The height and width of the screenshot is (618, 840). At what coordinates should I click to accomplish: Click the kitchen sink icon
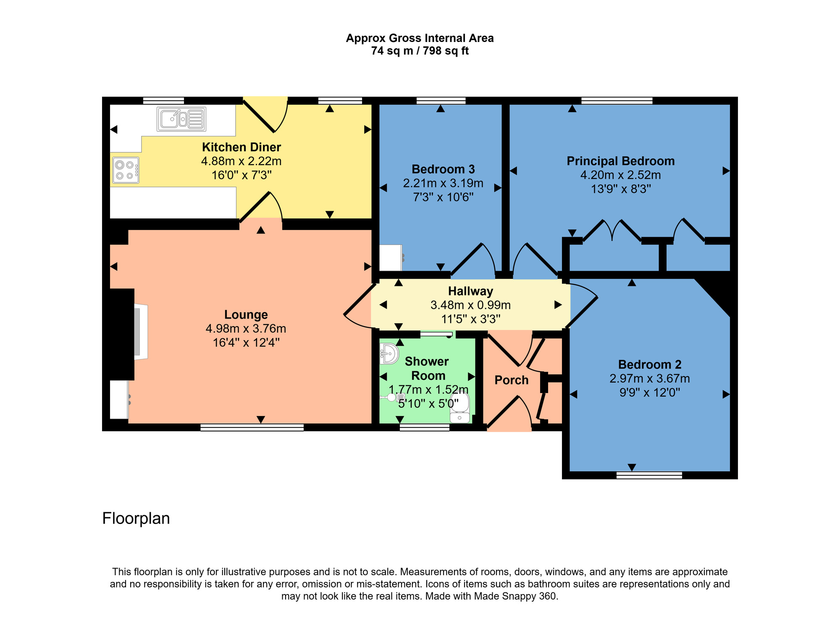[181, 119]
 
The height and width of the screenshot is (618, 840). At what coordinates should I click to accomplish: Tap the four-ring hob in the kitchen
[126, 170]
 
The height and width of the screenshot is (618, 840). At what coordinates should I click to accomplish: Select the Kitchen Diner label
[241, 147]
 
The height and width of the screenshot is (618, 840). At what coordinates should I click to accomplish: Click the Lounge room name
[246, 314]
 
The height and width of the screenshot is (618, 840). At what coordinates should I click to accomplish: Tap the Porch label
[511, 380]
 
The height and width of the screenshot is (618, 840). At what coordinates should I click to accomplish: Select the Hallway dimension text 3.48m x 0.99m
[470, 305]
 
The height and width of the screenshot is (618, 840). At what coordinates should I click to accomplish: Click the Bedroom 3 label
[443, 169]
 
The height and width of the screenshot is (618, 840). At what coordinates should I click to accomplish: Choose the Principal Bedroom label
[620, 161]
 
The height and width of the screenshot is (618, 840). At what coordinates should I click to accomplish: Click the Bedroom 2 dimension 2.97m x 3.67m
[649, 379]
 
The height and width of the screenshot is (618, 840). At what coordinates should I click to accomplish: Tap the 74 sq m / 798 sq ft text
[420, 51]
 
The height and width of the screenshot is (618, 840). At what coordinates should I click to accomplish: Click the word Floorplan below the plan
[136, 518]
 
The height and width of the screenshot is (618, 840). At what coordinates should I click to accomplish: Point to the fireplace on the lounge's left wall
[140, 332]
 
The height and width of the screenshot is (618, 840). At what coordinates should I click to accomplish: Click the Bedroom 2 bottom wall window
[649, 475]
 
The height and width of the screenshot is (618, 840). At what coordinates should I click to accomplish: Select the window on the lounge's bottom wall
[252, 427]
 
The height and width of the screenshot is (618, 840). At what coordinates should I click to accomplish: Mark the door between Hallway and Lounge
[358, 306]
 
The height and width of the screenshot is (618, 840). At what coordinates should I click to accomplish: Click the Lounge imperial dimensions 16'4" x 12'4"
[246, 343]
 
